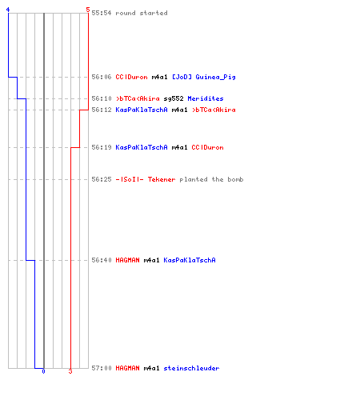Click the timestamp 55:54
pyautogui.click(x=102, y=13)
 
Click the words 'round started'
pyautogui.click(x=142, y=13)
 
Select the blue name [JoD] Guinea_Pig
pyautogui.click(x=204, y=77)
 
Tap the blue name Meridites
pyautogui.click(x=206, y=98)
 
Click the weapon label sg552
pyautogui.click(x=174, y=99)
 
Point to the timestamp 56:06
pyautogui.click(x=102, y=77)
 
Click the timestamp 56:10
pyautogui.click(x=102, y=98)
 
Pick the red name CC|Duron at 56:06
pyautogui.click(x=131, y=77)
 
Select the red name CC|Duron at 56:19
pyautogui.click(x=207, y=147)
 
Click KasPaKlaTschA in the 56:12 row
pyautogui.click(x=142, y=110)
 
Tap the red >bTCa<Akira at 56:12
pyautogui.click(x=214, y=110)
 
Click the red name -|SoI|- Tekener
pyautogui.click(x=146, y=179)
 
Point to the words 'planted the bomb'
pyautogui.click(x=211, y=179)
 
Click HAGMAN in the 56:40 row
pyautogui.click(x=127, y=260)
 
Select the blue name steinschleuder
pyautogui.click(x=191, y=368)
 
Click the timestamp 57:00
pyautogui.click(x=102, y=368)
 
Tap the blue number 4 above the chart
pyautogui.click(x=8, y=10)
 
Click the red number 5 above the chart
pyautogui.click(x=88, y=10)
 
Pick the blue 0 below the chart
pyautogui.click(x=43, y=371)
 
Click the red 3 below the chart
pyautogui.click(x=70, y=371)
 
